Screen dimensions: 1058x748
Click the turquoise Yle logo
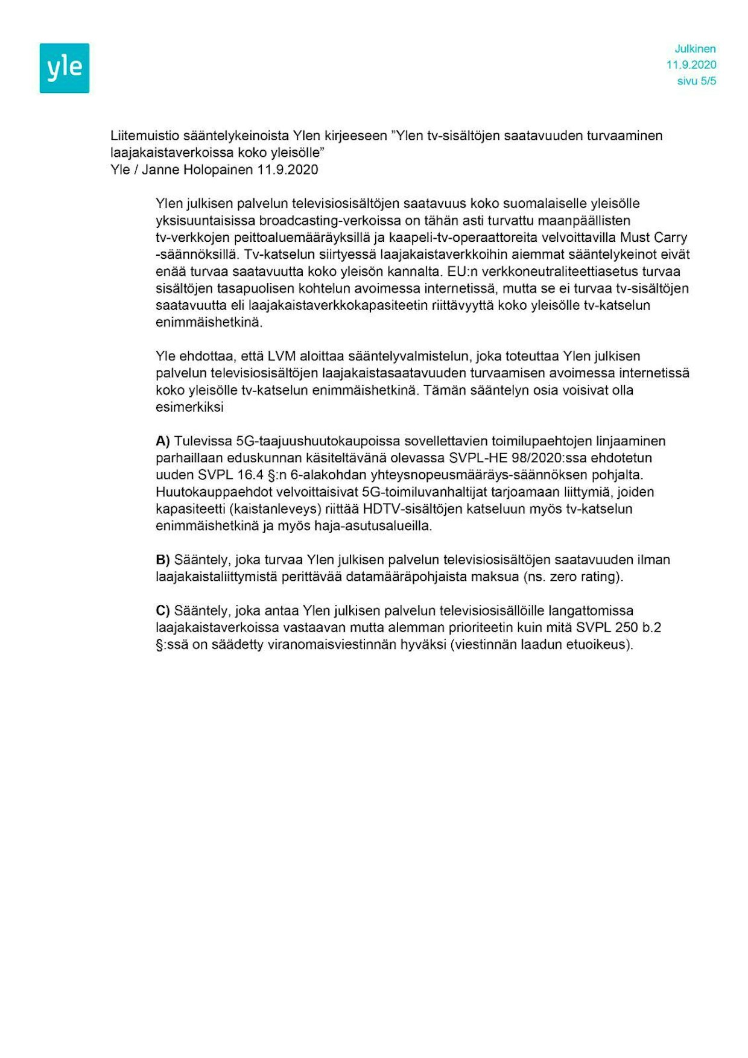(x=65, y=68)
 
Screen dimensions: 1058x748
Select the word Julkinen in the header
(x=695, y=49)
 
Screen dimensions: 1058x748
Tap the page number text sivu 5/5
(x=697, y=81)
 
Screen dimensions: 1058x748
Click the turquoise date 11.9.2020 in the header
(x=691, y=65)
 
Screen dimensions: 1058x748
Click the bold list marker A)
(x=163, y=441)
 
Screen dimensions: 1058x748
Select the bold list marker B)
(x=163, y=560)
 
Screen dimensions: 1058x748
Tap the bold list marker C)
(x=163, y=610)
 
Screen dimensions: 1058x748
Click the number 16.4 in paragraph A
(x=250, y=475)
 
